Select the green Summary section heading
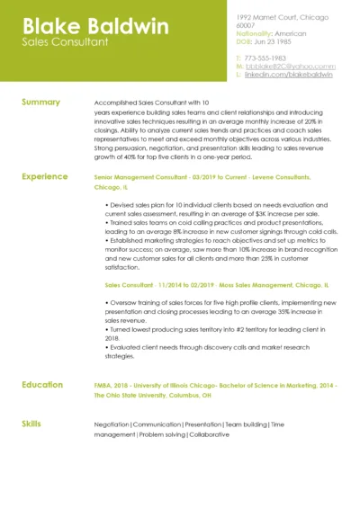coord(41,102)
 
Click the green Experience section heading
coord(45,177)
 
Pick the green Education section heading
coord(43,384)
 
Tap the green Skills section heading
coord(31,421)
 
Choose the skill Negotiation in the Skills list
coord(112,424)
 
